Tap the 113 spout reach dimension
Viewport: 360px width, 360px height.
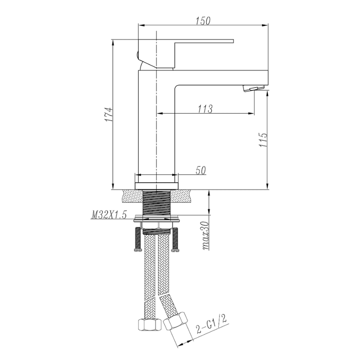(204, 108)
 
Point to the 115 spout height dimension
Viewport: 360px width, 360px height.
(263, 140)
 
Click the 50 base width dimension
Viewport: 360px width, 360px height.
(201, 170)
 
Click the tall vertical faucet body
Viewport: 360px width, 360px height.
(156, 128)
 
